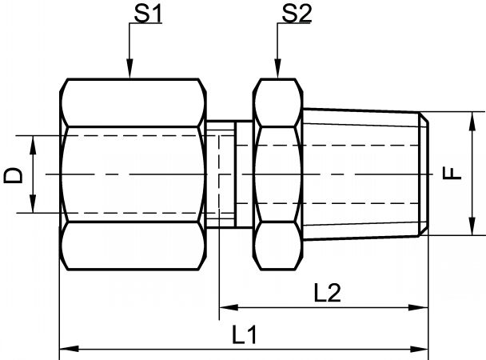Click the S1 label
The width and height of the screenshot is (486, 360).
pos(148,14)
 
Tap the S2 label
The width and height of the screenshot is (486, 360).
pos(297,14)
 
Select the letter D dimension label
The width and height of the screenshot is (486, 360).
pos(14,175)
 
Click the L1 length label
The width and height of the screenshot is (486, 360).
pos(245,335)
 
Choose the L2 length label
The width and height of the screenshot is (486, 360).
pos(327,293)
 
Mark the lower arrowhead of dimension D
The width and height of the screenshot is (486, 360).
pos(33,204)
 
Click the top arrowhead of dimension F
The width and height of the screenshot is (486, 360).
pos(472,122)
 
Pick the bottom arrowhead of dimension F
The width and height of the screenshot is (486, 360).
pos(472,226)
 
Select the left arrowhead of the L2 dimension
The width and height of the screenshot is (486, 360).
pos(229,308)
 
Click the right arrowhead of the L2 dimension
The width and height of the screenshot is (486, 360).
pos(418,308)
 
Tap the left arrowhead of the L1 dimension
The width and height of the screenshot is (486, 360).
pos(69,349)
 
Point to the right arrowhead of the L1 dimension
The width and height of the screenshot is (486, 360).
pos(418,349)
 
